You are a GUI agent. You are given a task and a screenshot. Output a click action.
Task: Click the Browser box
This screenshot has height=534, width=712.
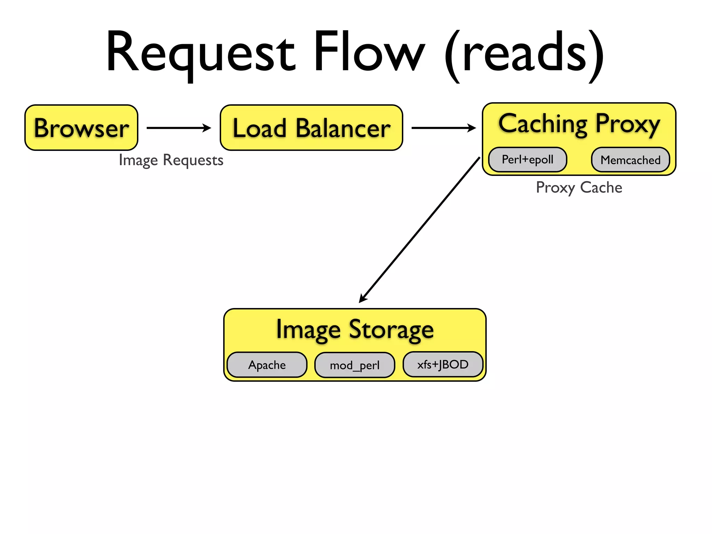click(x=81, y=128)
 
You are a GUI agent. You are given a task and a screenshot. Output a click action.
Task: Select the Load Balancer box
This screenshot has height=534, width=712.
click(x=311, y=128)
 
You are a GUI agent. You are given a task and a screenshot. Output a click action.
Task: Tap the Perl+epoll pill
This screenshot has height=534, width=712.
click(x=527, y=160)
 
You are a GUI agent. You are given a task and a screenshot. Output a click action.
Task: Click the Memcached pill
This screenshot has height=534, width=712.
click(x=630, y=160)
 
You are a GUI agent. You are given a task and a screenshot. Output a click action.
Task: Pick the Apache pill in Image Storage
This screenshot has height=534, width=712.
click(x=267, y=365)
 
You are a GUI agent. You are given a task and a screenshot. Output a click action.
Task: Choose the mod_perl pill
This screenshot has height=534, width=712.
click(x=355, y=365)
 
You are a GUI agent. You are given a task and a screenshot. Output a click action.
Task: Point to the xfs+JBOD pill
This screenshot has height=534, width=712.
click(x=443, y=364)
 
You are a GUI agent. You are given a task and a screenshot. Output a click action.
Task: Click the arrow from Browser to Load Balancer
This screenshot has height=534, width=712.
click(x=179, y=128)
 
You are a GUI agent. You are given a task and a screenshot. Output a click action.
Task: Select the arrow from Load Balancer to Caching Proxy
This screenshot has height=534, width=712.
click(x=443, y=128)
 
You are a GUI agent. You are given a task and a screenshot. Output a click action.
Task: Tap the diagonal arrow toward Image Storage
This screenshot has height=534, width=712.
click(x=420, y=230)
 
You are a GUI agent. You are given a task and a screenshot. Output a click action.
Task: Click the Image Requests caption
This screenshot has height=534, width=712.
click(x=171, y=160)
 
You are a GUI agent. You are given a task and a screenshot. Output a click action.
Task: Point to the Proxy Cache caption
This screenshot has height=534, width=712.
click(x=579, y=188)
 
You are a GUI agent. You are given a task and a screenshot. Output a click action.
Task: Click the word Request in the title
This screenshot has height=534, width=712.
click(x=201, y=52)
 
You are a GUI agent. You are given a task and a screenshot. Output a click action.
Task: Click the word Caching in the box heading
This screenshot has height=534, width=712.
click(x=543, y=124)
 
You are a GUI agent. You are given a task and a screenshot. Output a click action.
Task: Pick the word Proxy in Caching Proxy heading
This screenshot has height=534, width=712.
click(x=628, y=124)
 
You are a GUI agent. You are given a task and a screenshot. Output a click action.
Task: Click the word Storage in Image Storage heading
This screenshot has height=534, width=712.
click(x=391, y=330)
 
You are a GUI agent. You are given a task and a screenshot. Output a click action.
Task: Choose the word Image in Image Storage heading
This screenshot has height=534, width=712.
click(x=308, y=330)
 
